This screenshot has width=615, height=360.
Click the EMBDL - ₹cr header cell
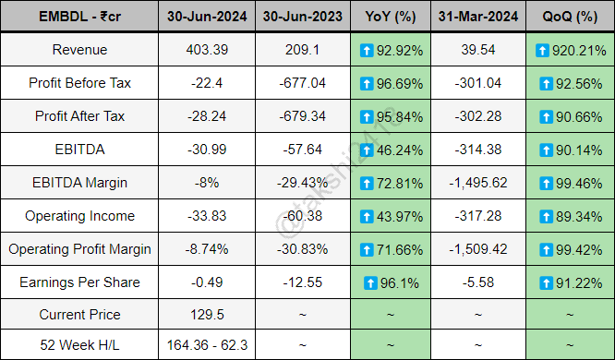coord(78,16)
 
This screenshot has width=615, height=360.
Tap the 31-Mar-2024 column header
coord(478,16)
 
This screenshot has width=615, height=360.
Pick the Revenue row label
coord(78,49)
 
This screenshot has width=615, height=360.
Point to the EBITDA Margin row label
coord(78,182)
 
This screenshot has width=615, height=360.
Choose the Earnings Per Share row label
coord(78,282)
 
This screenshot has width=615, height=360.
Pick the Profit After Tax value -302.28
coord(478,115)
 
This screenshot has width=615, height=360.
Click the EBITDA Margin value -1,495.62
coord(478,182)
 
